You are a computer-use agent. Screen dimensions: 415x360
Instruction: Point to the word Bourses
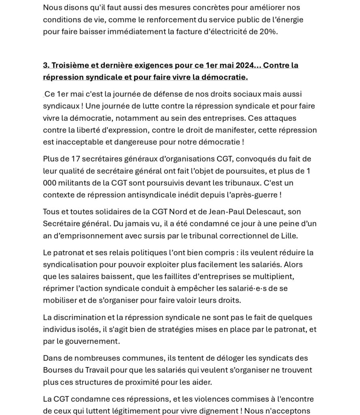tap(56, 370)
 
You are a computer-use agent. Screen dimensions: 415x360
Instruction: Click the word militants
tap(73, 183)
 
